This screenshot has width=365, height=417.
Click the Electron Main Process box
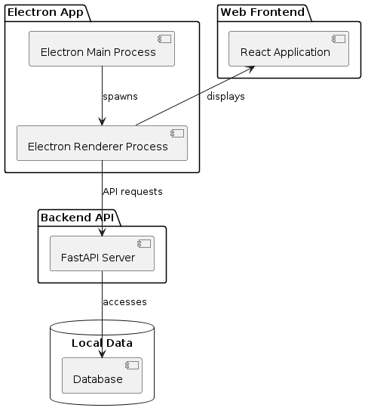point(102,48)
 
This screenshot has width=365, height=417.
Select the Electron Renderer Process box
point(102,143)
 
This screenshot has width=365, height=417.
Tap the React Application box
point(289,48)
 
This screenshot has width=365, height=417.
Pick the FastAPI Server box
point(102,253)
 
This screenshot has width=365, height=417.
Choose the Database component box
point(102,375)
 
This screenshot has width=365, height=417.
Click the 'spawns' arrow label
point(120,97)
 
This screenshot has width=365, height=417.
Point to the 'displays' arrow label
point(225,97)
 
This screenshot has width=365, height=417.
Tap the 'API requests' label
point(133,192)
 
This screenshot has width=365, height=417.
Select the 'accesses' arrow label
point(124,302)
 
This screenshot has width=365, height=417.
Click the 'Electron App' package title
point(45,12)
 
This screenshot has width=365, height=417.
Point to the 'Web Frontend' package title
point(262,12)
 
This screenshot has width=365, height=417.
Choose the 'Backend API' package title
point(77,218)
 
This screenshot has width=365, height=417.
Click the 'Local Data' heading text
point(102,343)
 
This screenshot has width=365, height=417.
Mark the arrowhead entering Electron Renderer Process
point(102,122)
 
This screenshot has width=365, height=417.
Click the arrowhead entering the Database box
point(102,354)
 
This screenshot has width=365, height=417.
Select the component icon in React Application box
point(339,39)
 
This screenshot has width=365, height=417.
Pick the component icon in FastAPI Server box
point(144,243)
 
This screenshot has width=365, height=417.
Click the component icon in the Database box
point(132,366)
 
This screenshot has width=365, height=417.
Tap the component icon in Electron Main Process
point(164,39)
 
